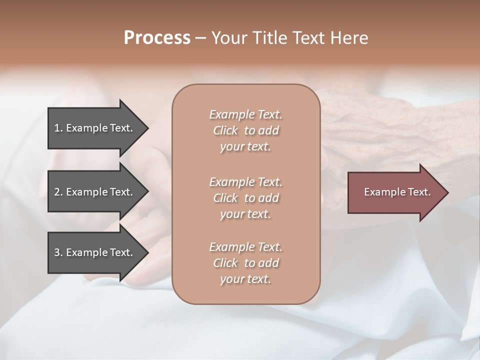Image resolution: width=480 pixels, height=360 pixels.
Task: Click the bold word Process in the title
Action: (x=157, y=38)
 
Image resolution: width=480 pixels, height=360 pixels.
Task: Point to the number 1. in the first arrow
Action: (x=58, y=128)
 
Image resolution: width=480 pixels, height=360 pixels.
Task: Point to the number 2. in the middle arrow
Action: (x=58, y=192)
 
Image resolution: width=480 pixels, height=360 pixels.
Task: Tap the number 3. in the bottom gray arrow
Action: (x=58, y=252)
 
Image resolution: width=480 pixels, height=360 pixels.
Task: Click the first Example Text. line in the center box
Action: (x=245, y=114)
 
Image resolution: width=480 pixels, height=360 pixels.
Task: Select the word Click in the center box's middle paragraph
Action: (x=225, y=198)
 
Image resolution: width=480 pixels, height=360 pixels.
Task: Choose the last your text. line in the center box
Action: (x=245, y=279)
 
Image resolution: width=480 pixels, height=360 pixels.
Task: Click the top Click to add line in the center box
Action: (x=245, y=130)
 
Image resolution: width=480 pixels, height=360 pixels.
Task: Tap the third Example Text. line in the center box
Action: (x=245, y=247)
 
